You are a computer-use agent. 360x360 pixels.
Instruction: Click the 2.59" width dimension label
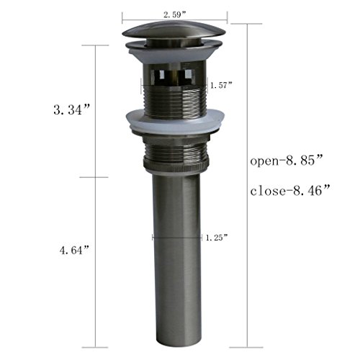tap(175, 15)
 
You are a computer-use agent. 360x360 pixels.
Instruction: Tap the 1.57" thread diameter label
tap(221, 85)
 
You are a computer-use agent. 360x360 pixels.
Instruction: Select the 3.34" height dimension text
tap(72, 110)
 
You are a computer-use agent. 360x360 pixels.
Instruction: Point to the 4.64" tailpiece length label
tap(74, 251)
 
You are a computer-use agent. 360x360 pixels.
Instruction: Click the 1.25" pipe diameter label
tap(217, 238)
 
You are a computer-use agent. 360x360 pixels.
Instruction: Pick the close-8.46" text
tap(290, 191)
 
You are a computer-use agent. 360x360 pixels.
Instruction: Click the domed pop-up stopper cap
tap(174, 30)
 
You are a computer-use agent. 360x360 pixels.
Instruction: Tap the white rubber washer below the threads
tap(175, 121)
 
